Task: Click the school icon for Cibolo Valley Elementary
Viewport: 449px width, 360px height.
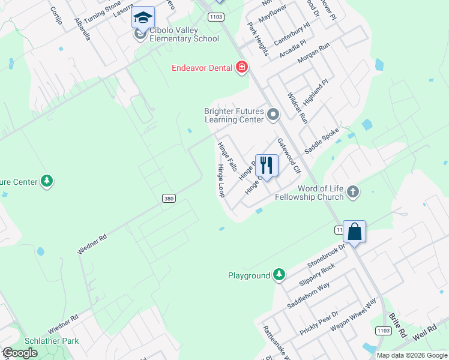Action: point(143,18)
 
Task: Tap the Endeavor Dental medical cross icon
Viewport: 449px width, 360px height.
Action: point(242,67)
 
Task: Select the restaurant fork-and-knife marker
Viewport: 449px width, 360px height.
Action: point(267,165)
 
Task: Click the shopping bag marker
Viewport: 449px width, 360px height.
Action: point(354,232)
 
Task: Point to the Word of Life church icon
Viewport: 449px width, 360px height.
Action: point(353,192)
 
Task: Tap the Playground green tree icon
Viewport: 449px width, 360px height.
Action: point(279,275)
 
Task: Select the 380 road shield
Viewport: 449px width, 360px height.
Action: point(169,198)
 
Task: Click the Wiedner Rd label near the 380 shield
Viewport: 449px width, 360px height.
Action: point(92,244)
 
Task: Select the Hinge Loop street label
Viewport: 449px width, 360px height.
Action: point(221,181)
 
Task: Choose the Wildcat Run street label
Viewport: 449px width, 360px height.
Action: point(297,108)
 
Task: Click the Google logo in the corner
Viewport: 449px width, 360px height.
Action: point(20,353)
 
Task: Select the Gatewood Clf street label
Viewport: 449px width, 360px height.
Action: point(288,156)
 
